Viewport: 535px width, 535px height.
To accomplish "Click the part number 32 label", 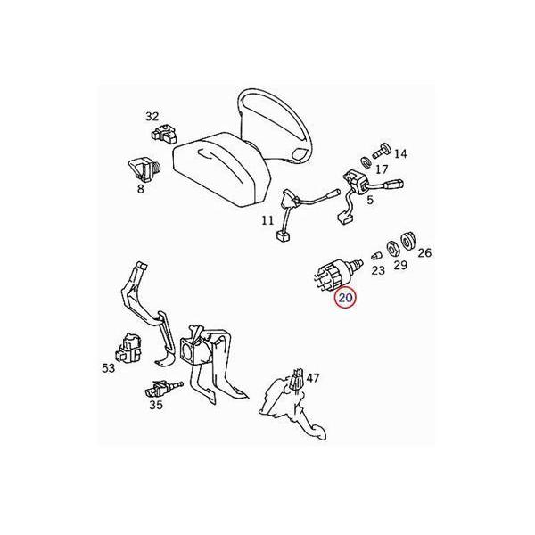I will coord(152,116).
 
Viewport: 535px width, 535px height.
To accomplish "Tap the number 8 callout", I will coord(141,189).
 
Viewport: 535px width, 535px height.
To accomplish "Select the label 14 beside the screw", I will coord(399,154).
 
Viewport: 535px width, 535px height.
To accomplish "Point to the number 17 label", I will coord(382,169).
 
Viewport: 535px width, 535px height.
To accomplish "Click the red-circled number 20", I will coord(345,300).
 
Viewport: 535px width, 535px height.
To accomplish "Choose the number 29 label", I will coord(401,265).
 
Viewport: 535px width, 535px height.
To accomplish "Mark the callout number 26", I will coord(424,253).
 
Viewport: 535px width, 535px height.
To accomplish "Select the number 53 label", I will coord(109,367).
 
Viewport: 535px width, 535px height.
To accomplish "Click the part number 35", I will coord(156,404).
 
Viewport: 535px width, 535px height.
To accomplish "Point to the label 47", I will coord(312,378).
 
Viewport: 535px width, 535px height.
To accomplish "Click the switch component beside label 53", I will coord(131,345).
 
